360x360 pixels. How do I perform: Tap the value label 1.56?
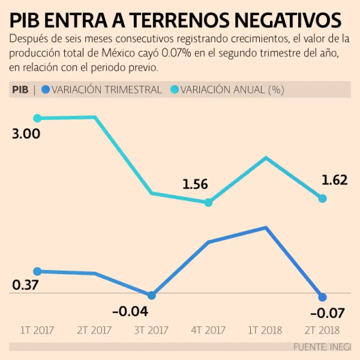click(195, 185)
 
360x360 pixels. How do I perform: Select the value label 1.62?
click(335, 180)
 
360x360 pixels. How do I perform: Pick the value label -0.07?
click(327, 313)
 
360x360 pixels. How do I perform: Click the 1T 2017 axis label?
click(37, 330)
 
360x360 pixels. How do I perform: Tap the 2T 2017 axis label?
click(94, 330)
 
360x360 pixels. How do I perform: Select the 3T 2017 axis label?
click(151, 330)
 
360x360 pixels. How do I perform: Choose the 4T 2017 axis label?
click(209, 330)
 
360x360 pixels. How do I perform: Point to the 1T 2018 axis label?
click(265, 330)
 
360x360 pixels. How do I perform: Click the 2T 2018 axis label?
click(322, 330)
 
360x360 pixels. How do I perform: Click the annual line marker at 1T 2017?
click(37, 118)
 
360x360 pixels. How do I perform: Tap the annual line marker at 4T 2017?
click(209, 202)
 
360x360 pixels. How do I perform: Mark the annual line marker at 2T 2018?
click(322, 199)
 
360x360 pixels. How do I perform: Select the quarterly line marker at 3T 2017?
click(151, 296)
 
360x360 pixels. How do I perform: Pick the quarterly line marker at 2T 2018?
click(322, 297)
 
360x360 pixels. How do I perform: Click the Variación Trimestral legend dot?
click(45, 90)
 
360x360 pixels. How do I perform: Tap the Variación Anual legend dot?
click(173, 90)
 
